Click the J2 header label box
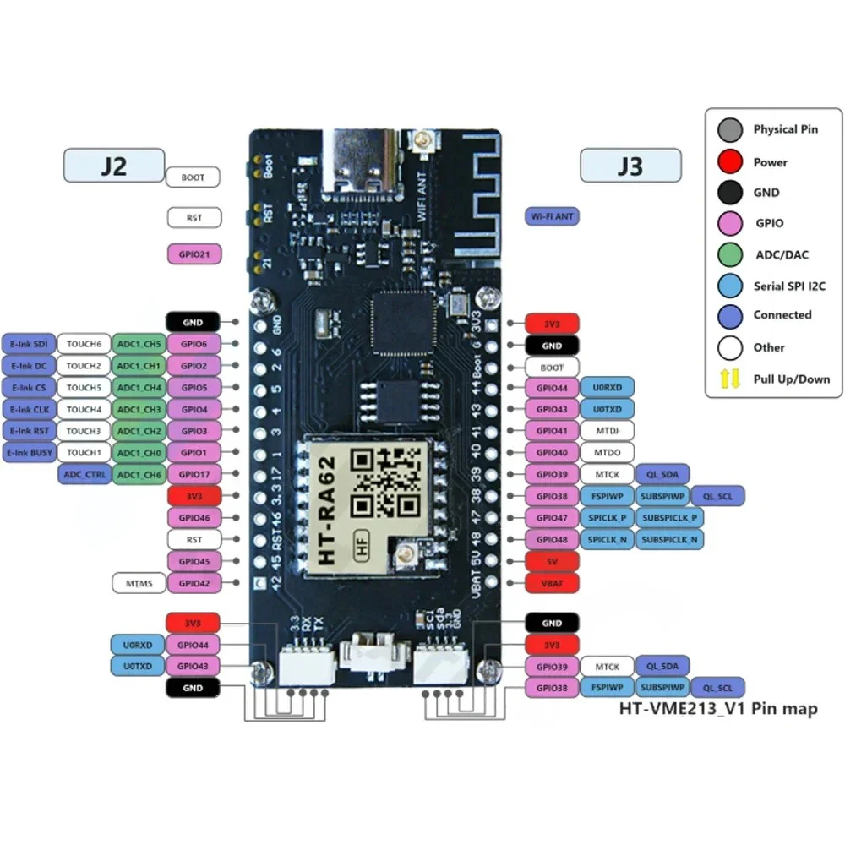113,166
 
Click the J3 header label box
630,166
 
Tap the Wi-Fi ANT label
552,217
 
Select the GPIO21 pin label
194,253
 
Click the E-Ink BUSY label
30,453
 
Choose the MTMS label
138,582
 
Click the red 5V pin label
551,561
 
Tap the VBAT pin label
551,583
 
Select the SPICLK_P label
608,517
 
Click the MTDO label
608,453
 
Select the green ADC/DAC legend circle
729,254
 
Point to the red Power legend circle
729,162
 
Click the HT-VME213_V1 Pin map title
718,709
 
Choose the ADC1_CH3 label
139,409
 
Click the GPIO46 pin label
194,517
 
